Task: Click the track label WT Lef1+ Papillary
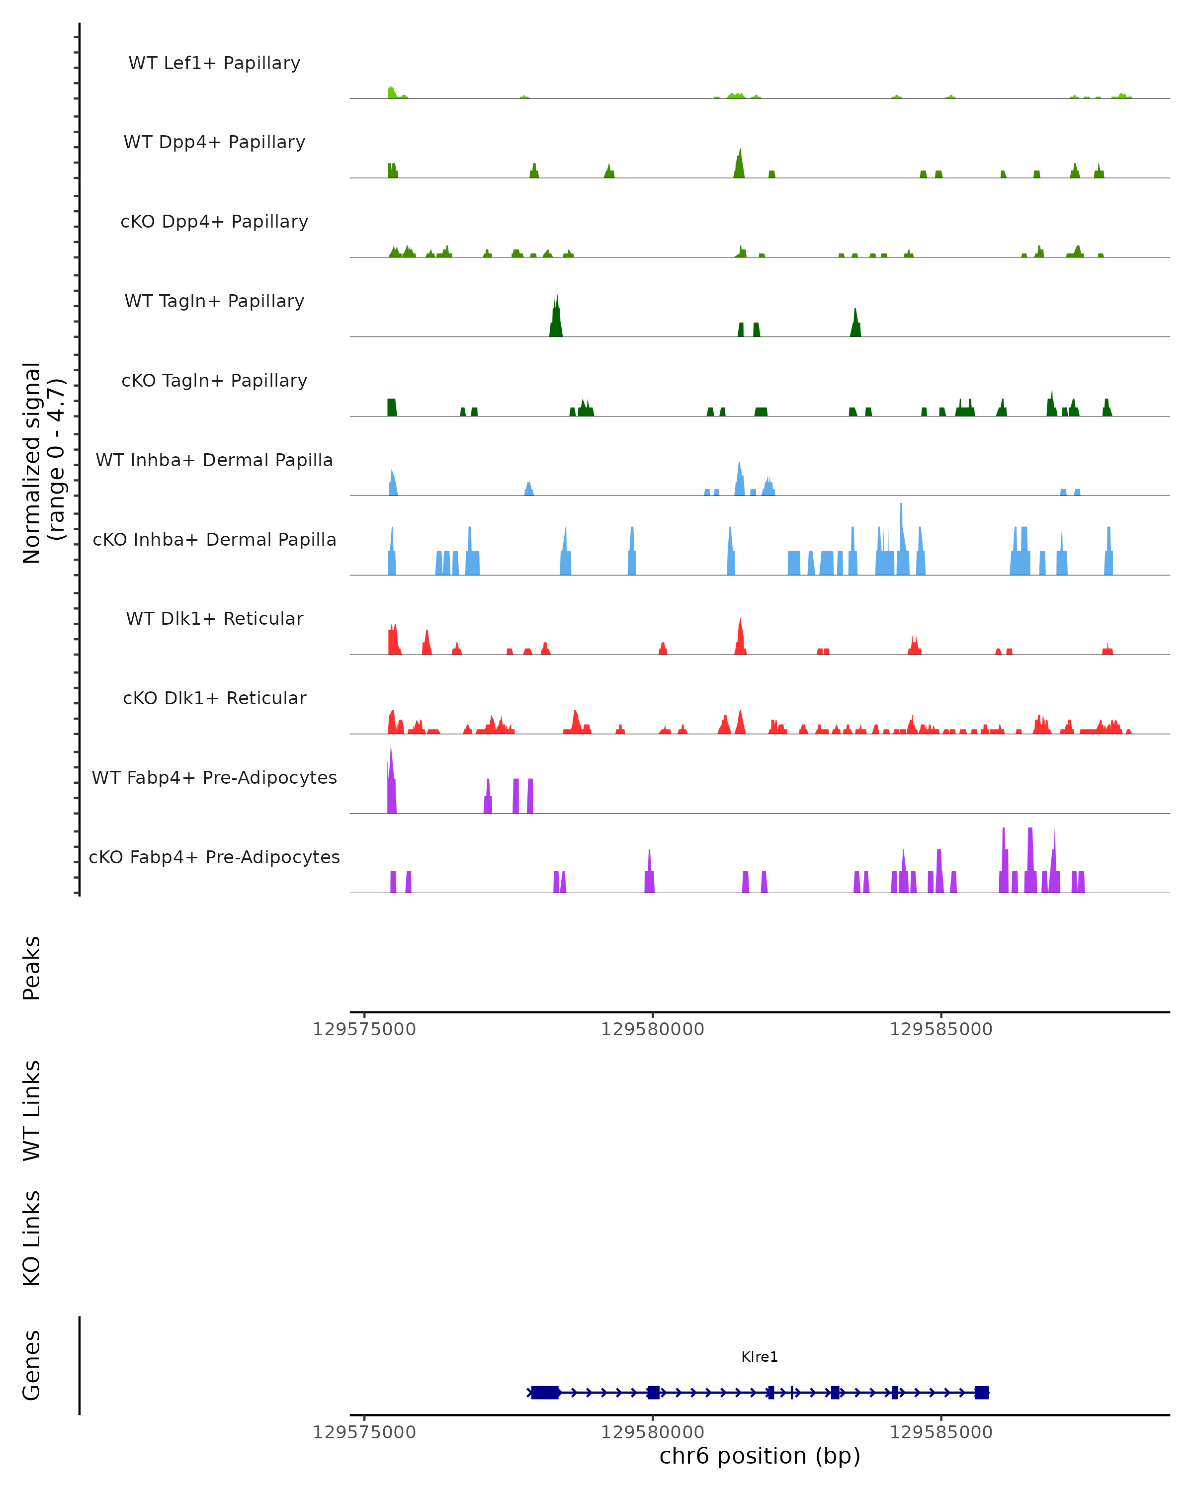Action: (x=214, y=63)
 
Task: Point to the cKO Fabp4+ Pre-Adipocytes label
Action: (x=214, y=857)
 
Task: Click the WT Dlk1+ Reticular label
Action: (x=214, y=618)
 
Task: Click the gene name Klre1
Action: (x=760, y=1357)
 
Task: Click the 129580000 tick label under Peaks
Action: (x=652, y=1029)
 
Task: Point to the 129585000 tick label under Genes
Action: (x=940, y=1432)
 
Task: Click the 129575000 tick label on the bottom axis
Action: (x=364, y=1432)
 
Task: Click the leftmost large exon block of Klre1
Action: (x=545, y=1393)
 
